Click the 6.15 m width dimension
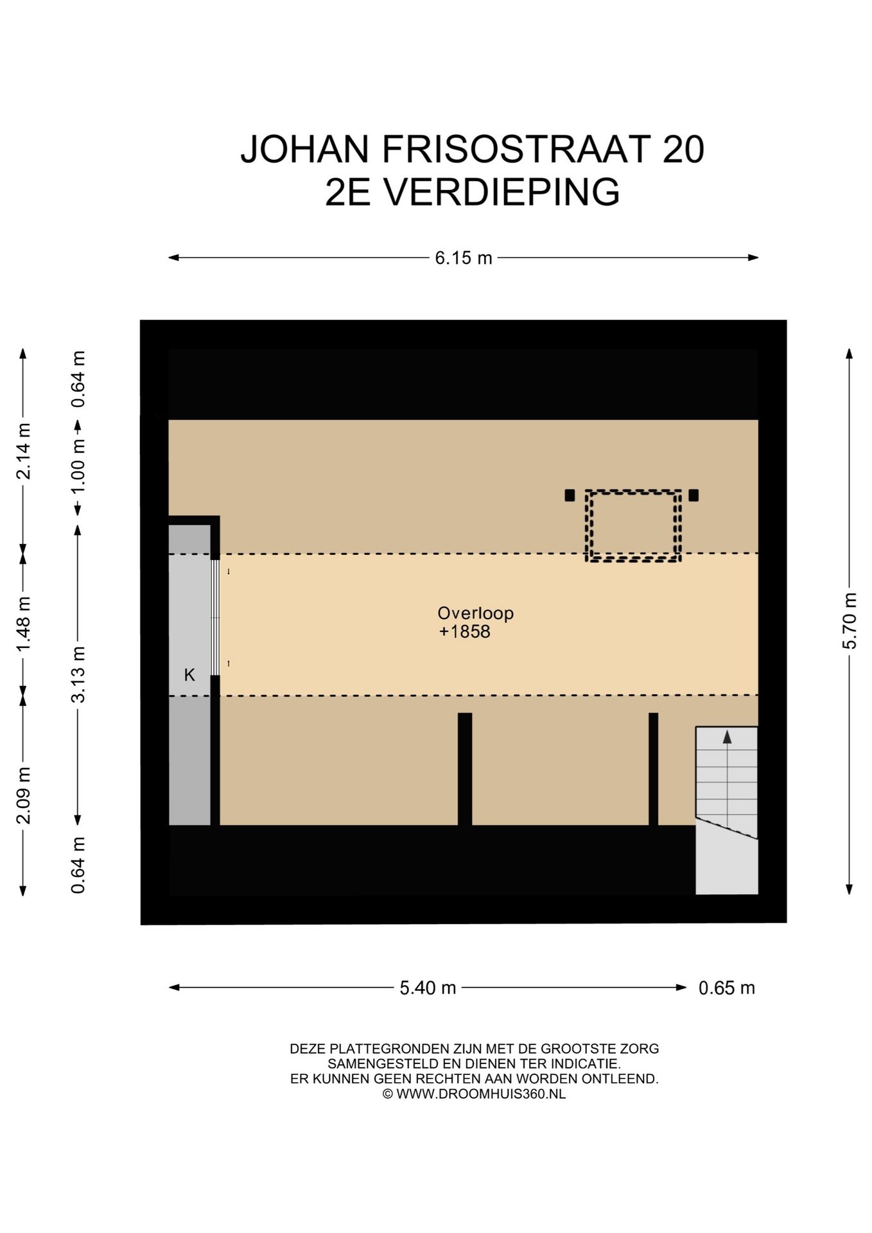pyautogui.click(x=463, y=258)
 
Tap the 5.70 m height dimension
pyautogui.click(x=849, y=621)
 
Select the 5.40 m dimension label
pyautogui.click(x=428, y=987)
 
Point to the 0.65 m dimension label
pyautogui.click(x=726, y=987)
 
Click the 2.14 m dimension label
pyautogui.click(x=24, y=451)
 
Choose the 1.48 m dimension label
pyautogui.click(x=24, y=623)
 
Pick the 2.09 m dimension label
pyautogui.click(x=24, y=795)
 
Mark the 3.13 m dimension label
pyautogui.click(x=78, y=674)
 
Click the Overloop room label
pyautogui.click(x=475, y=613)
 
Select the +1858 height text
pyautogui.click(x=464, y=632)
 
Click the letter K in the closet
pyautogui.click(x=189, y=675)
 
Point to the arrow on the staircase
pyautogui.click(x=727, y=737)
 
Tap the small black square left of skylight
pyautogui.click(x=570, y=495)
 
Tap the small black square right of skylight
pyautogui.click(x=693, y=495)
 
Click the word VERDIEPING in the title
pyautogui.click(x=501, y=192)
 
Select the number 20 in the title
pyautogui.click(x=683, y=149)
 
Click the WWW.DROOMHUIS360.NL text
pyautogui.click(x=480, y=1094)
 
